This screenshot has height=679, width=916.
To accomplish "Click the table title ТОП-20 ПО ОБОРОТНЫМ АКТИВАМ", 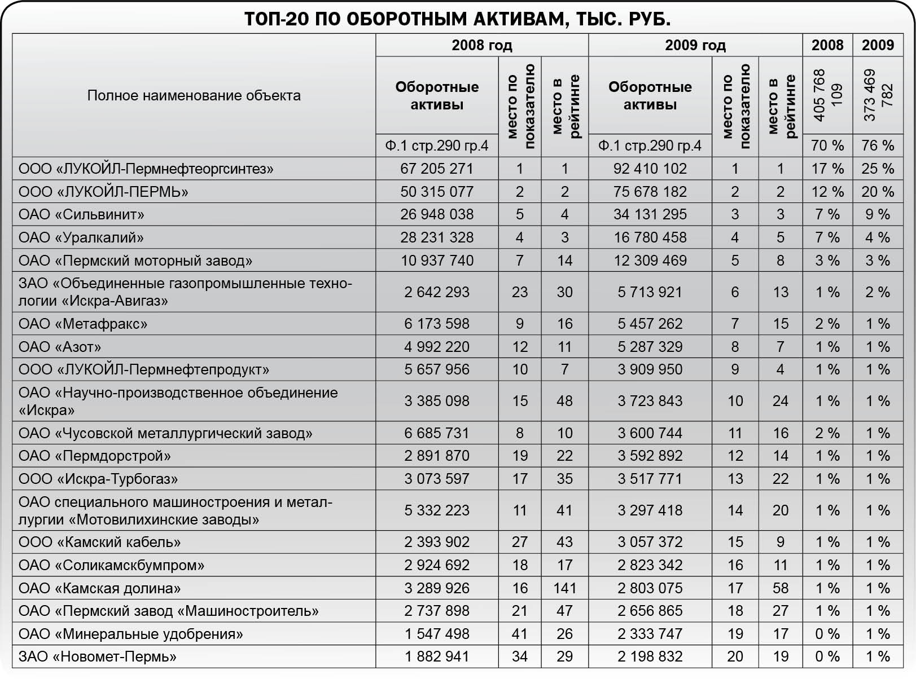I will [457, 19].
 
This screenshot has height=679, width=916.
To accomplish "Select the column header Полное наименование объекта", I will [194, 95].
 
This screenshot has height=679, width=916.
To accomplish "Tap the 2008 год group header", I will [481, 45].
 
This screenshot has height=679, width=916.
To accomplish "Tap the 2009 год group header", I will [695, 45].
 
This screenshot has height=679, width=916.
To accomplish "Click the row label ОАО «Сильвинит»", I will [81, 214].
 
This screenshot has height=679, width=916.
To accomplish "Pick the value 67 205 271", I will [436, 169].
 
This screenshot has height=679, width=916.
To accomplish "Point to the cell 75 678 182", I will [650, 192].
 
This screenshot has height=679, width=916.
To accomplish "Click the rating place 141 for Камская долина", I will [564, 588].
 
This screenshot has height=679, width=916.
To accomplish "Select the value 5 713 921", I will [650, 292].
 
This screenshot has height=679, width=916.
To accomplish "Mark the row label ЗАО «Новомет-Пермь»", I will [97, 656].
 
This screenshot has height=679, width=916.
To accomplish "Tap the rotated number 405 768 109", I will [827, 95].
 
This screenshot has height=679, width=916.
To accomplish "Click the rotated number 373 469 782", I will [878, 95].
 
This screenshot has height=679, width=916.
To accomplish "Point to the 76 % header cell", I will [878, 145].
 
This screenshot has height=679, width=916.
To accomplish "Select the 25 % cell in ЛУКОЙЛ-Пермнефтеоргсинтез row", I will [878, 169].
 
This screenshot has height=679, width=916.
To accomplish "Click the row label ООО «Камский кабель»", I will [99, 542].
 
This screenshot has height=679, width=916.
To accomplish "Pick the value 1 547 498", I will [436, 634].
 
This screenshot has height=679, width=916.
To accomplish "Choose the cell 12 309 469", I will [650, 261].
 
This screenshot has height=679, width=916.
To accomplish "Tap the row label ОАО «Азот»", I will [60, 347].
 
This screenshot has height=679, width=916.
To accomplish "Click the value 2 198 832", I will [650, 656].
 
